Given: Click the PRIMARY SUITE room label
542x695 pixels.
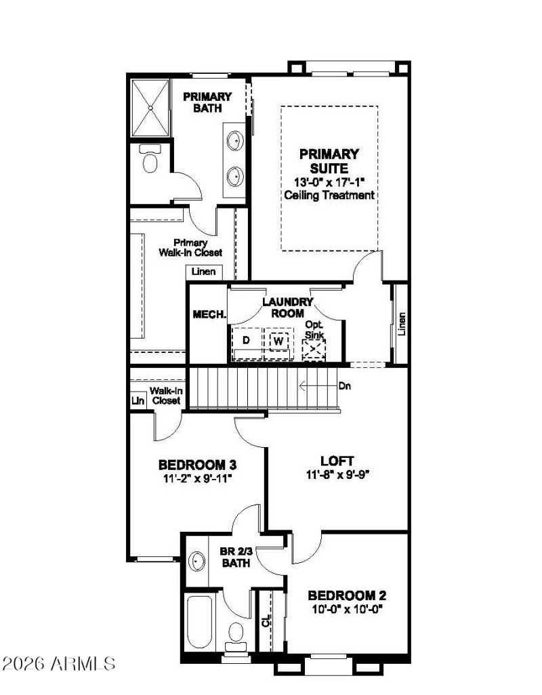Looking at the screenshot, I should click(329, 161).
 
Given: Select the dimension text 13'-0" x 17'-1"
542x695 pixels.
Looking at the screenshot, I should click(329, 182).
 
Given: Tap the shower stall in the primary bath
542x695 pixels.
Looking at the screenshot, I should click(150, 108).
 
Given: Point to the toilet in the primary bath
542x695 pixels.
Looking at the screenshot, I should click(149, 161).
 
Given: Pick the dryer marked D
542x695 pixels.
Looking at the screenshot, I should click(247, 339).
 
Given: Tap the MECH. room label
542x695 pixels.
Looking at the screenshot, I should click(209, 315).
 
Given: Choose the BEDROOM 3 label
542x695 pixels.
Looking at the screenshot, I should click(197, 465).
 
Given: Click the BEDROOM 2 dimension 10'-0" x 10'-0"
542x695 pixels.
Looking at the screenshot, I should click(347, 609).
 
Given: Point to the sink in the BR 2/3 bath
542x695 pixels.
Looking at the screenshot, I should click(197, 561).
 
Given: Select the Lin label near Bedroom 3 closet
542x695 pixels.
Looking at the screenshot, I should click(137, 400).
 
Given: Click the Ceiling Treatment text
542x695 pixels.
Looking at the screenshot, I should click(329, 195).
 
